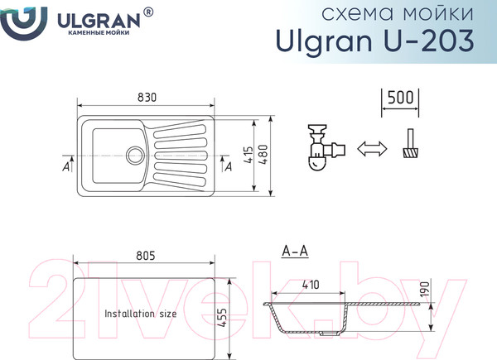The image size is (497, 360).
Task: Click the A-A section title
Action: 295,251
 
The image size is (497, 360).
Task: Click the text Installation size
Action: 140,314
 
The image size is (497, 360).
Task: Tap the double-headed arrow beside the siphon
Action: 372,148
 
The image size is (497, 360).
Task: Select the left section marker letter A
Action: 65,166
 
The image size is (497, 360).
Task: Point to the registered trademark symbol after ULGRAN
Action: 148,12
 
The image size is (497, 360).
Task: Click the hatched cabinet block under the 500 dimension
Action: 409,151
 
